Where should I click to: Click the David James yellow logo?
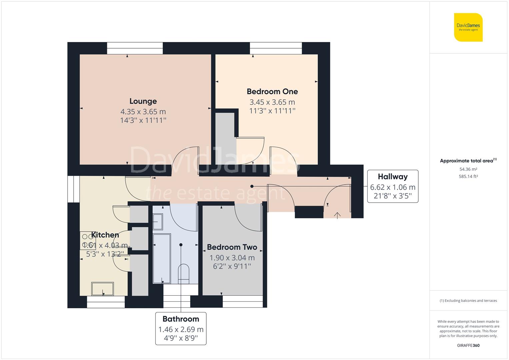(x=468, y=27)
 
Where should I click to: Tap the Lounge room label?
(x=143, y=101)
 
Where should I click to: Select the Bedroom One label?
(x=272, y=92)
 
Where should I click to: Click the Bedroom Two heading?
(x=232, y=247)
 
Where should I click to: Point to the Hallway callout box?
(x=393, y=186)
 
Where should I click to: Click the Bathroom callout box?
(x=181, y=328)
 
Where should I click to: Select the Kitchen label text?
(x=105, y=235)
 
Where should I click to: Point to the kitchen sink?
(x=103, y=289)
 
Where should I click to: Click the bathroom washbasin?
(x=158, y=222)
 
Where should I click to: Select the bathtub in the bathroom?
(x=162, y=258)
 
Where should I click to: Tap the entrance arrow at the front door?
(x=337, y=215)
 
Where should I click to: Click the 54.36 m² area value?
(x=468, y=169)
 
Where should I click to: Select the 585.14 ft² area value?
(x=468, y=177)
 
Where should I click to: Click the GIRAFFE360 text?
(x=468, y=345)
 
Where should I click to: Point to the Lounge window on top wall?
(x=135, y=48)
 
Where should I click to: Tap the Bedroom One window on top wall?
(x=276, y=48)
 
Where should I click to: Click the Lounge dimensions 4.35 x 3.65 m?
(x=143, y=112)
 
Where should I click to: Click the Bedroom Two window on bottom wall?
(x=242, y=302)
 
